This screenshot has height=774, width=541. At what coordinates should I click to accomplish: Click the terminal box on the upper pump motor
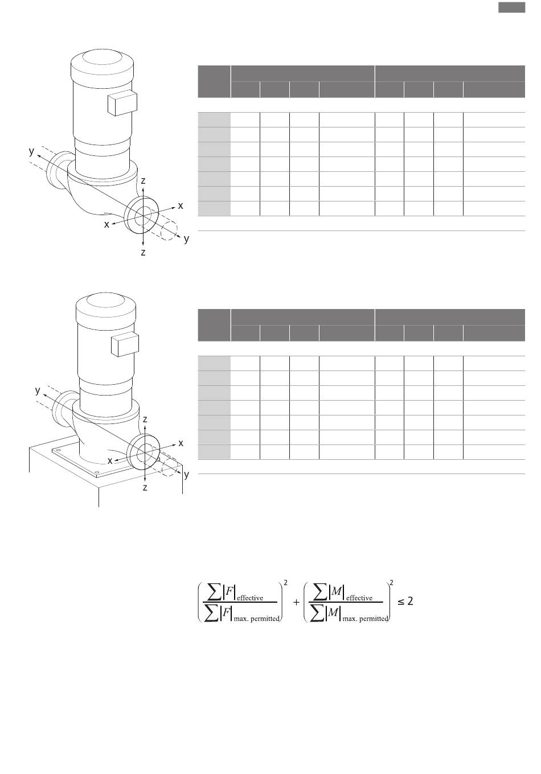tap(122, 102)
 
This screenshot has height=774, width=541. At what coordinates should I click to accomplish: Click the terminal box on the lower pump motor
tap(125, 344)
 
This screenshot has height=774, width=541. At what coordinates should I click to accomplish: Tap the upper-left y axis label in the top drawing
tap(31, 151)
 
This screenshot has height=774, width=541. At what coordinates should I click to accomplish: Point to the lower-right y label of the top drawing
tap(187, 239)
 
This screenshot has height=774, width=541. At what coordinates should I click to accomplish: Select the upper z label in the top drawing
tap(143, 180)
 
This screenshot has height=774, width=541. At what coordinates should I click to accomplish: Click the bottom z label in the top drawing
tap(143, 252)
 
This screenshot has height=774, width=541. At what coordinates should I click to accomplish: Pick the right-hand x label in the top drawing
tap(181, 206)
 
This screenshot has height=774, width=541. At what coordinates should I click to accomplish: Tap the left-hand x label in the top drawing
tap(106, 225)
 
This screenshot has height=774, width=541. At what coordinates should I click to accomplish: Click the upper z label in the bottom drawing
tap(145, 419)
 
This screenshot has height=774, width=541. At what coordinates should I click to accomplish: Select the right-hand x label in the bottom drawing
tap(181, 443)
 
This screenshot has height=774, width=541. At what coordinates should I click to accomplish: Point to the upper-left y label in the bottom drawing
tap(38, 390)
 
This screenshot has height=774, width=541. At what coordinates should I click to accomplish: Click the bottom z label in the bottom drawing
tap(145, 488)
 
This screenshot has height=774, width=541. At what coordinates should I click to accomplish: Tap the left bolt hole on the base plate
tap(58, 450)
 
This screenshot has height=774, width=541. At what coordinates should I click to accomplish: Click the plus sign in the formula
tap(296, 602)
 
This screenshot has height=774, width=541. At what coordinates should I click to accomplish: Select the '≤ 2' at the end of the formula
tap(405, 601)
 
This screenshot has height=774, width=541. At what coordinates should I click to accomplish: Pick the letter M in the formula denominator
tap(333, 612)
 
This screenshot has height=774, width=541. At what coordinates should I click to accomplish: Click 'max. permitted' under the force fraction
tap(256, 619)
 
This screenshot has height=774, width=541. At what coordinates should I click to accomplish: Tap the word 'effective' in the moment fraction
tap(359, 598)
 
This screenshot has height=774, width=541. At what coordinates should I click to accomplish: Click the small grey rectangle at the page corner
tap(511, 7)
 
